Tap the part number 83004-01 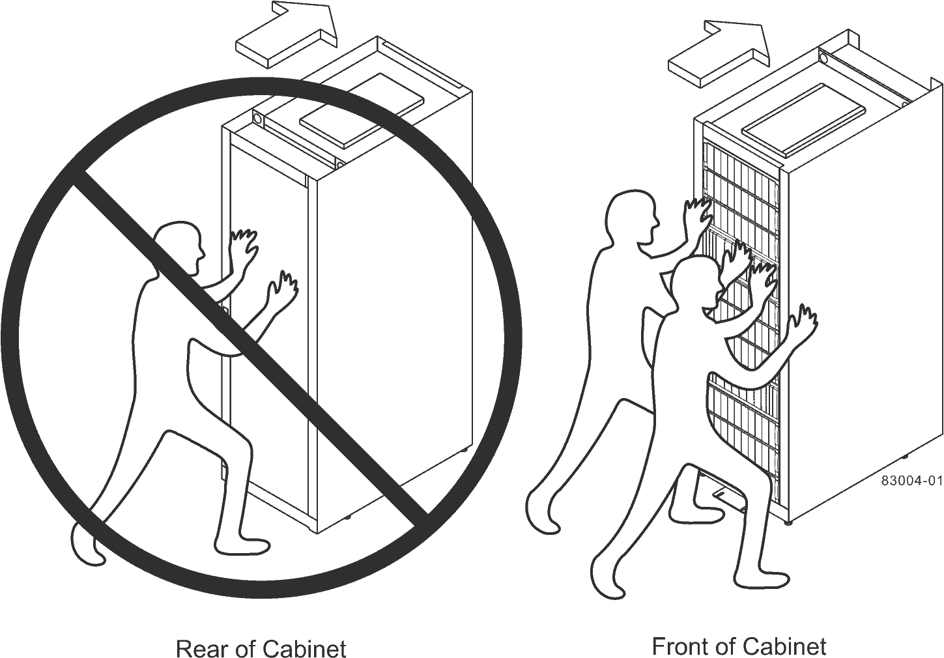(911, 481)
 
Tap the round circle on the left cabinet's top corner (257, 120)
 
